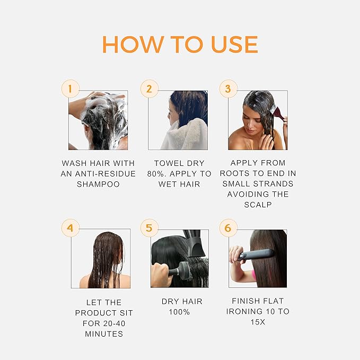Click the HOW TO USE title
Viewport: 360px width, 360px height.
point(180,45)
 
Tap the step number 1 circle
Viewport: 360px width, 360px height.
point(70,89)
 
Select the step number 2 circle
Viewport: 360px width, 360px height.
point(149,89)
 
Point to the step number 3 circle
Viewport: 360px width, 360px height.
point(228,89)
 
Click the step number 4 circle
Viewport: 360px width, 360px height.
point(70,229)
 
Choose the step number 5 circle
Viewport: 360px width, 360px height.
point(149,229)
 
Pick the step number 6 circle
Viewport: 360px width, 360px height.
point(228,229)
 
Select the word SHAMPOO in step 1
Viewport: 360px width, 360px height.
point(98,184)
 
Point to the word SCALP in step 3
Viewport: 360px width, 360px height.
point(258,204)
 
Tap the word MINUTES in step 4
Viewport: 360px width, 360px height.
point(103,333)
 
